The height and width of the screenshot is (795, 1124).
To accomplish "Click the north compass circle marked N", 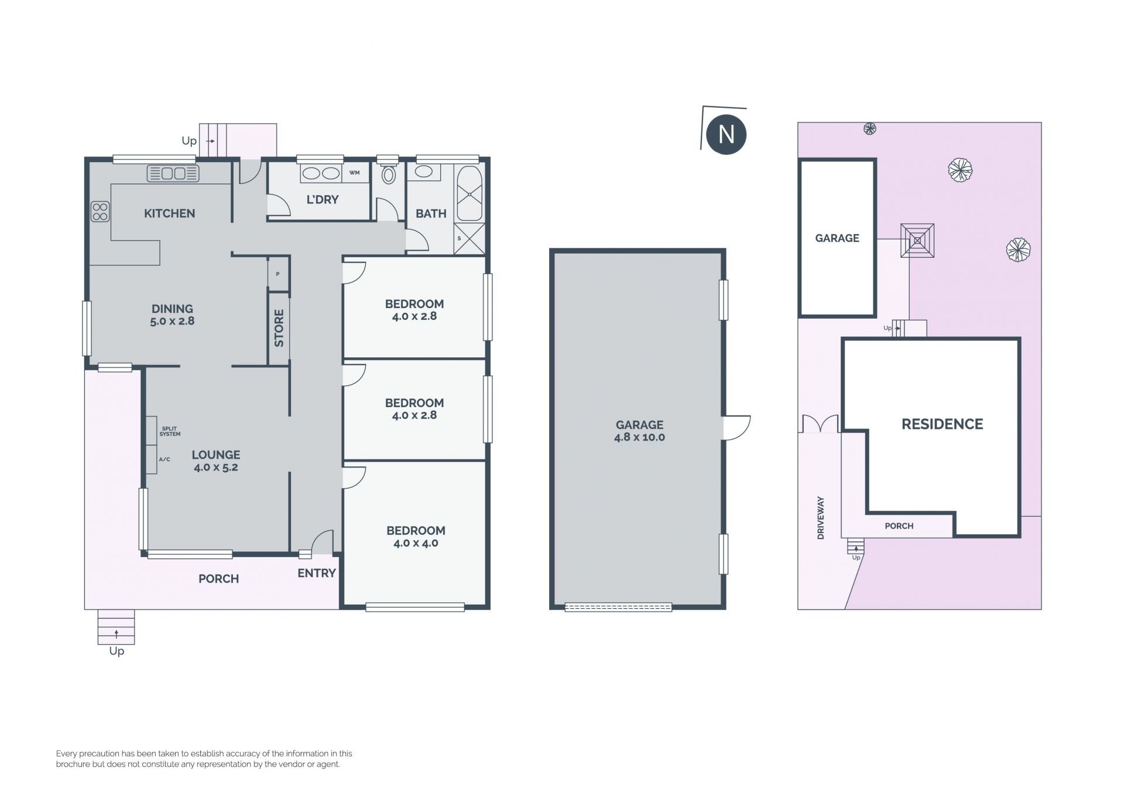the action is coord(726,134).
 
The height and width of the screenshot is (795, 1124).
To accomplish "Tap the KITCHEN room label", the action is coord(169,213).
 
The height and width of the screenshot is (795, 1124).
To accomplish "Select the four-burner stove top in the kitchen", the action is coord(100,211).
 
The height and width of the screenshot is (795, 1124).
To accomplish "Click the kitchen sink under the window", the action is coord(173,173).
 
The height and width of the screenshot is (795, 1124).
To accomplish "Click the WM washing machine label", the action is coord(354,173).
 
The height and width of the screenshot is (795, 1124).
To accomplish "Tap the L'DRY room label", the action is coord(323,200).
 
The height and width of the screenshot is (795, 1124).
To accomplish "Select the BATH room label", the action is coord(431,214).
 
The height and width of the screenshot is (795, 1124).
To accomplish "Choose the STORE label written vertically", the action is coord(279,328).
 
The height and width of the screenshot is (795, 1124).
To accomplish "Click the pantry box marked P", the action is coord(278,274).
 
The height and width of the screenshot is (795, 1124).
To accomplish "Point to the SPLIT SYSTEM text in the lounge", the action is coord(170,431).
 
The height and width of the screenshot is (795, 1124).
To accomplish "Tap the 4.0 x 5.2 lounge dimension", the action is coord(215,468).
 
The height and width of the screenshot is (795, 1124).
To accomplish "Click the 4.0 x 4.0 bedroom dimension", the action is coord(416,543).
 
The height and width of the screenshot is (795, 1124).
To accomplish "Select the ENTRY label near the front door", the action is coord(317,574).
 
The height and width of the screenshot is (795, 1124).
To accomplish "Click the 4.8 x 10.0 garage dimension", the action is coord(639,437).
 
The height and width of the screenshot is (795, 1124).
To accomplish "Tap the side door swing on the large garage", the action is coord(737,428).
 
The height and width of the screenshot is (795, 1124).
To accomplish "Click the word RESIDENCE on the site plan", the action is coord(942,424).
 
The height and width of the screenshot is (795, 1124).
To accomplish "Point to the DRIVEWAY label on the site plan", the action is coord(821,518).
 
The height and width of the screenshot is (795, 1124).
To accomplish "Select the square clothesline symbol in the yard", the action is coord(917,240).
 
